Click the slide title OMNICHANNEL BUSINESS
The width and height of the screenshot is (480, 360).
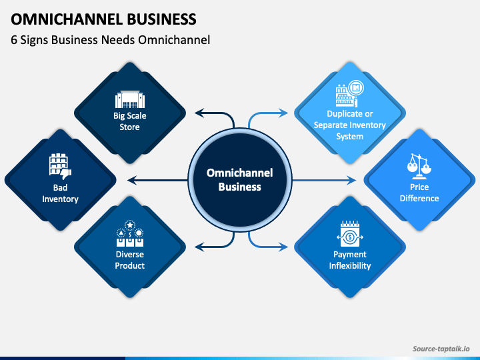pyautogui.click(x=103, y=19)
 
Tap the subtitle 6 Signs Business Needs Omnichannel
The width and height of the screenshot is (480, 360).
pyautogui.click(x=110, y=40)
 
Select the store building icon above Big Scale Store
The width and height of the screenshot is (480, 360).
pyautogui.click(x=130, y=99)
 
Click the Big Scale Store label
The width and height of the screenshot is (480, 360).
pyautogui.click(x=130, y=121)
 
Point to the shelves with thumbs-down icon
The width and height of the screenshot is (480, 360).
pyautogui.click(x=60, y=167)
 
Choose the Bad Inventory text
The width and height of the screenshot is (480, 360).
pyautogui.click(x=60, y=193)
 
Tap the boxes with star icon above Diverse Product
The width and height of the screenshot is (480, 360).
pyautogui.click(x=130, y=233)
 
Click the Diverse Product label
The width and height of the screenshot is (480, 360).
pyautogui.click(x=130, y=260)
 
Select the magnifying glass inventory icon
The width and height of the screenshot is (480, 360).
pyautogui.click(x=349, y=93)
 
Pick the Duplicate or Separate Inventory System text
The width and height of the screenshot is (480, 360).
pyautogui.click(x=349, y=125)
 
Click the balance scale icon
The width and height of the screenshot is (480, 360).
pyautogui.click(x=419, y=167)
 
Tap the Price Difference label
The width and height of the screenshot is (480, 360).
pyautogui.click(x=419, y=193)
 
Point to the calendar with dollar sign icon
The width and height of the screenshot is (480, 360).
pyautogui.click(x=350, y=233)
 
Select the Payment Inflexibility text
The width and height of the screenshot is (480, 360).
pyautogui.click(x=350, y=260)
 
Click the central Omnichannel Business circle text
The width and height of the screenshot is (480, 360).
pyautogui.click(x=240, y=180)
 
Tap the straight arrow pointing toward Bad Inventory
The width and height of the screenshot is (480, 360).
pyautogui.click(x=157, y=180)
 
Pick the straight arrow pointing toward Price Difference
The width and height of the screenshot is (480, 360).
pyautogui.click(x=324, y=180)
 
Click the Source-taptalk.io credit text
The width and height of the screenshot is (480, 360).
pyautogui.click(x=441, y=349)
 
